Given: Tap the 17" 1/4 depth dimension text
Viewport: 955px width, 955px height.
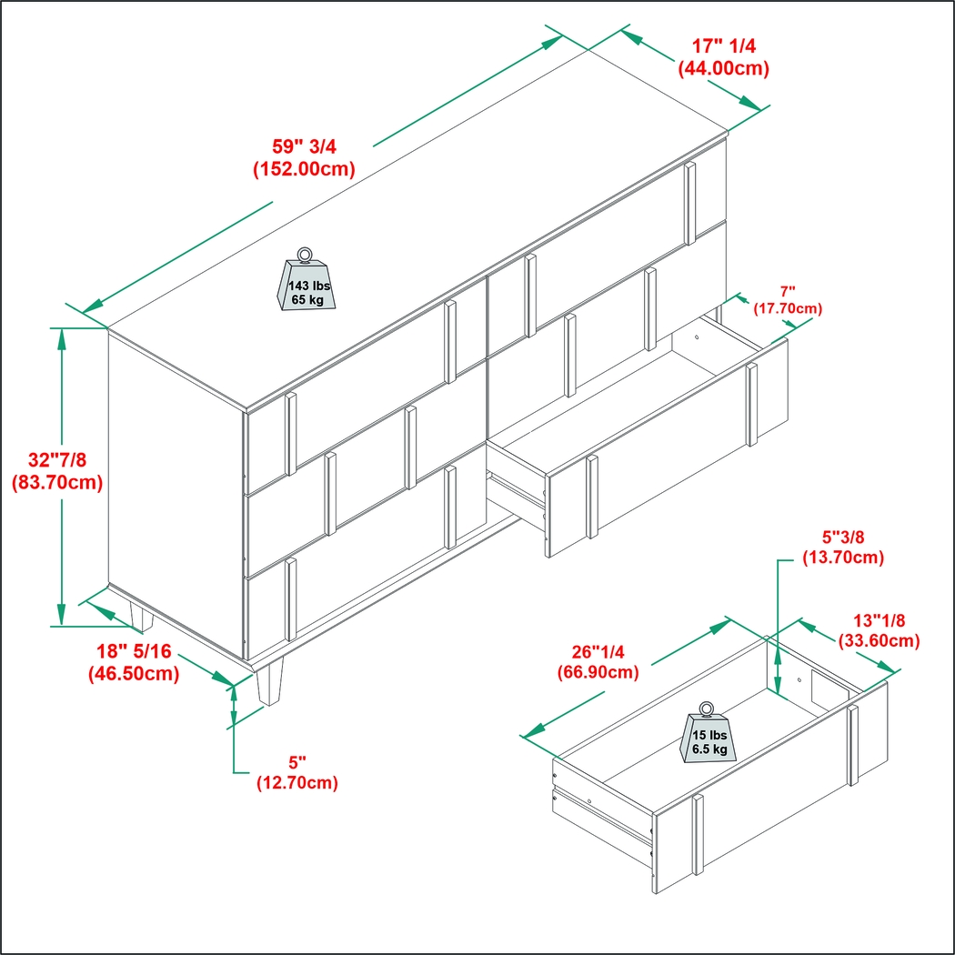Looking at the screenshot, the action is [x=724, y=46].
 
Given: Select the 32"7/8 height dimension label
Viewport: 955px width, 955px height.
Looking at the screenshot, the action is [x=57, y=460].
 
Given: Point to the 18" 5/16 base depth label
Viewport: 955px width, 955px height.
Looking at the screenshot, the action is [x=134, y=652].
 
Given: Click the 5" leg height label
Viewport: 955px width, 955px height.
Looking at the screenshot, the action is [x=297, y=762].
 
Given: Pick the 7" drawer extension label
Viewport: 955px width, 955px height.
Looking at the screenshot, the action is [x=788, y=292].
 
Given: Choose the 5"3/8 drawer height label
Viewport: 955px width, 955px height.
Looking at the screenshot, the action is [x=843, y=538].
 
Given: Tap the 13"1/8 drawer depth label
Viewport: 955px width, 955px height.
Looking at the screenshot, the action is [x=879, y=620].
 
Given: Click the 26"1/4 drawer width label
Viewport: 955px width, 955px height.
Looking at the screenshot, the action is [x=598, y=652].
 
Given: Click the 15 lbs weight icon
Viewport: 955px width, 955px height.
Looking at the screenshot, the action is [x=708, y=733].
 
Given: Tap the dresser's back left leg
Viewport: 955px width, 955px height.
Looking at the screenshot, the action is [x=141, y=616].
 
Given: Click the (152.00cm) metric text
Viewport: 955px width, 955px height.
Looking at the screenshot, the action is [x=304, y=168].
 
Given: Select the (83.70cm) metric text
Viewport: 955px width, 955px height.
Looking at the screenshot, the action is [x=57, y=482].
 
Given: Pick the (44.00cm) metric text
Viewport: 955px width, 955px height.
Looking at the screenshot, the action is [x=724, y=68].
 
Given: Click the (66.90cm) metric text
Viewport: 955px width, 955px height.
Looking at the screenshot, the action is [x=598, y=672].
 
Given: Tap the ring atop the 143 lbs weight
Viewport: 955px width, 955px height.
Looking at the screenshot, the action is [x=305, y=254].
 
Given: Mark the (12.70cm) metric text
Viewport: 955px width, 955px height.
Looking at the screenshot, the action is [x=297, y=782].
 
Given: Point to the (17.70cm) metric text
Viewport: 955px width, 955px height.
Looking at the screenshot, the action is [x=788, y=309].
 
